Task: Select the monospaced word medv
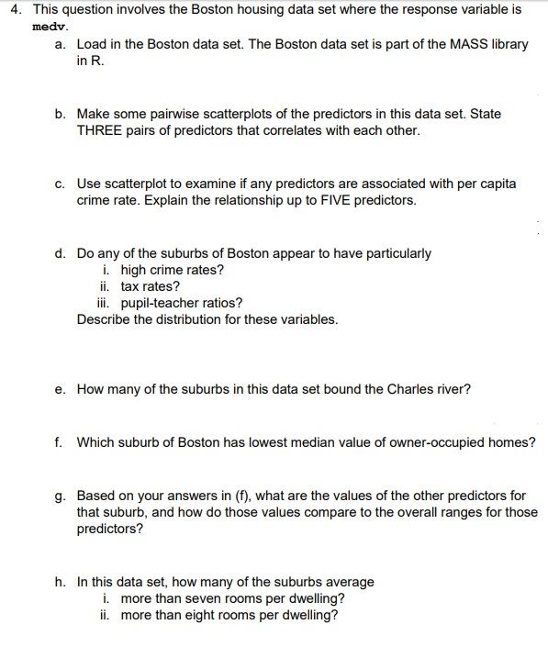[45, 27]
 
